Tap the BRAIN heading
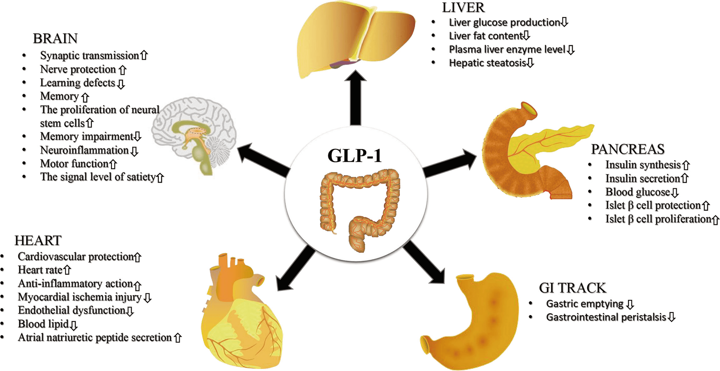click(55, 39)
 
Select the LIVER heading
click(463, 8)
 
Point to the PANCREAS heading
click(628, 149)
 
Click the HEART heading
click(38, 241)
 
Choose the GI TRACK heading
click(572, 288)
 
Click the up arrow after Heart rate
click(67, 270)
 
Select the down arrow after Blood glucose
click(675, 193)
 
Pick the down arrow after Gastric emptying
click(630, 304)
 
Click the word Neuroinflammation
click(84, 150)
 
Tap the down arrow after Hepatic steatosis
click(530, 63)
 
